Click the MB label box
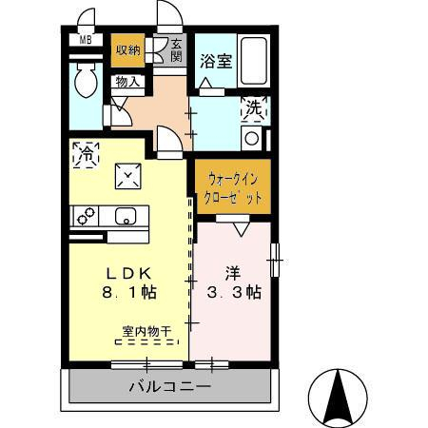[x=85, y=40]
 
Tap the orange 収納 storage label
[x=127, y=51]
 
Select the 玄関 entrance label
[x=177, y=49]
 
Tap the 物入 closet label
[x=127, y=82]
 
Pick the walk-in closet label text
[x=232, y=186]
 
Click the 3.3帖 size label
[x=233, y=294]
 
